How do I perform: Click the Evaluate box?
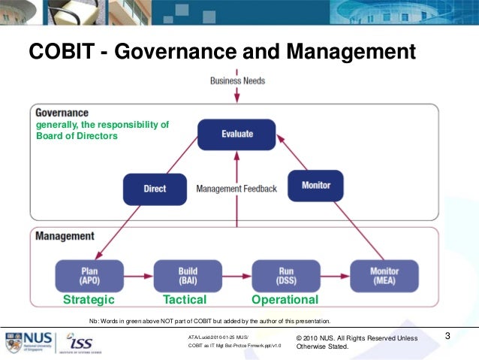[x=236, y=134]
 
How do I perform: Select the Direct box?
[x=155, y=189]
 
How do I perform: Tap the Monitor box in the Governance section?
[x=315, y=185]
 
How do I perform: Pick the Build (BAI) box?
[x=187, y=275]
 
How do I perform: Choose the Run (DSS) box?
[x=286, y=275]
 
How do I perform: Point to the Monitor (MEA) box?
[x=384, y=275]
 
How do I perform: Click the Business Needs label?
[x=236, y=80]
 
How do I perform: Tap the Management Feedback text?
[x=236, y=189]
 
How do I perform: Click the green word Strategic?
[x=89, y=300]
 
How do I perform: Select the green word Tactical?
[x=185, y=300]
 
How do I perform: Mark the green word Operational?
[x=285, y=300]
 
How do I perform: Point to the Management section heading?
[x=65, y=236]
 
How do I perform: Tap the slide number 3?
[x=447, y=335]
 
